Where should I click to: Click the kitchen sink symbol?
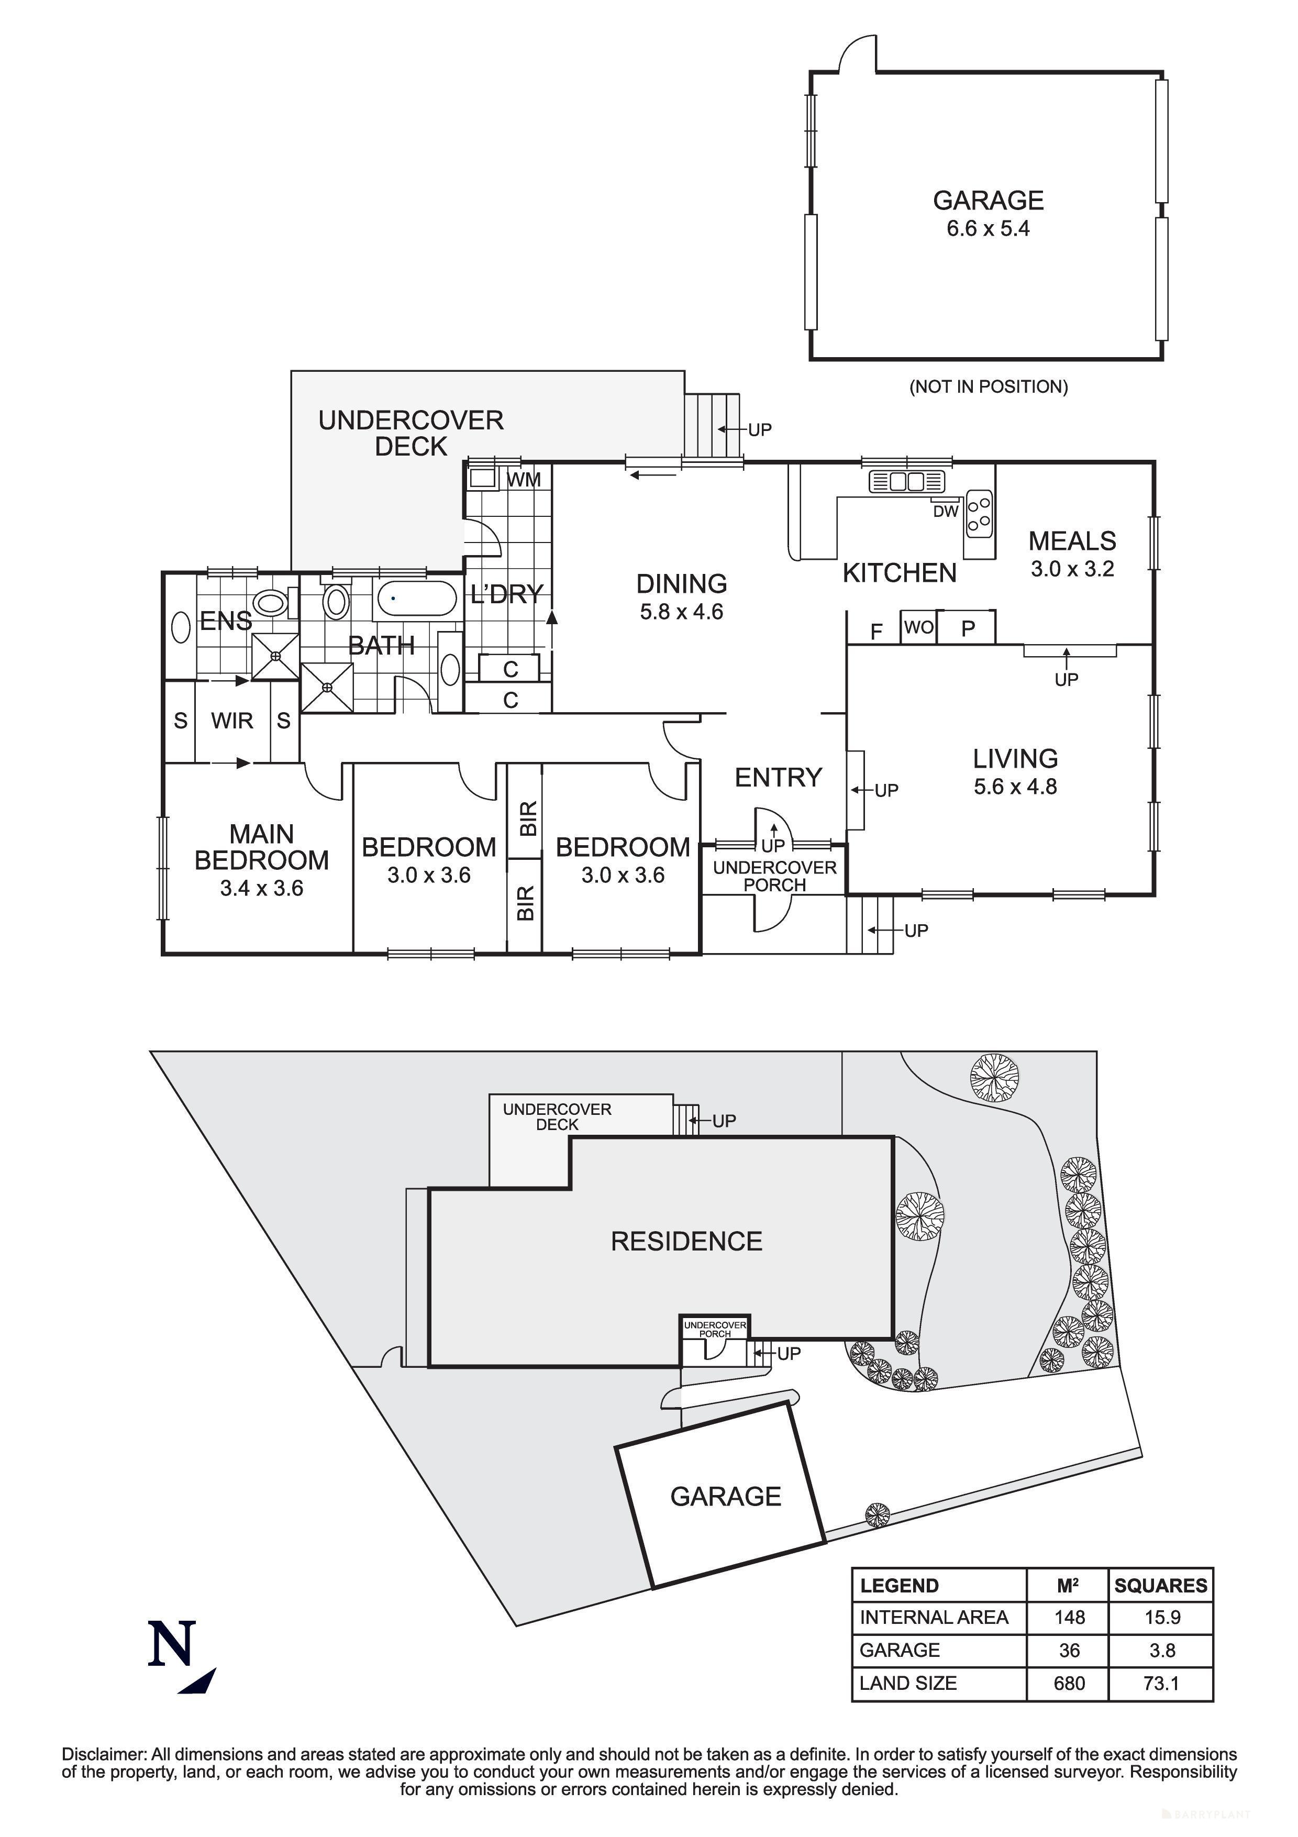[906, 482]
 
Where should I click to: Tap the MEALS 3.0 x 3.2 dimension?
[1072, 570]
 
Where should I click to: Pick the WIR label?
[232, 721]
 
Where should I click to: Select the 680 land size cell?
[1069, 1684]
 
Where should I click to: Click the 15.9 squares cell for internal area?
[1161, 1617]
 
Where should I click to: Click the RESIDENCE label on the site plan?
[686, 1241]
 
